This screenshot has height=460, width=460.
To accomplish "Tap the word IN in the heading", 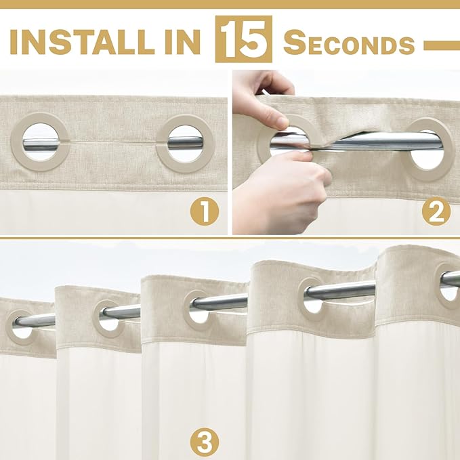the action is coord(182,42).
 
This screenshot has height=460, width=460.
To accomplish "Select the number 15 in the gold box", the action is coord(243,39).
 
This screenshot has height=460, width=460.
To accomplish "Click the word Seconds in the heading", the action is coord(349,43).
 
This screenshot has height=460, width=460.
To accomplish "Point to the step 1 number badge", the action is coord(205,213).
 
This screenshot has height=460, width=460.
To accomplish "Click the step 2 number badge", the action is coord(436,211).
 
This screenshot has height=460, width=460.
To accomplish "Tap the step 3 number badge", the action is coord(205,442).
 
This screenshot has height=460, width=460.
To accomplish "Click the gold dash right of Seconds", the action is coord(442,45).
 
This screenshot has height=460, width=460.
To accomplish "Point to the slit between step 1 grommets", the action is coord(113,142).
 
